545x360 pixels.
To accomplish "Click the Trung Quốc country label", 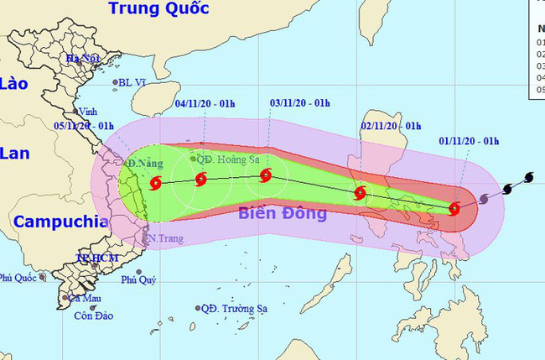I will [x=158, y=10].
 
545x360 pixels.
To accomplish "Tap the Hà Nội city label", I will [x=84, y=59].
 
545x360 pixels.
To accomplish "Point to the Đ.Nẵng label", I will [x=145, y=162].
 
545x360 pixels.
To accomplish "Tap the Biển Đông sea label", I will [x=283, y=213].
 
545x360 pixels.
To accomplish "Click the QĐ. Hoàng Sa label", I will [x=226, y=158].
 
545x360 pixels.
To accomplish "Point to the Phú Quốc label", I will [x=18, y=277].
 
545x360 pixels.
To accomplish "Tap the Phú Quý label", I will [x=138, y=279].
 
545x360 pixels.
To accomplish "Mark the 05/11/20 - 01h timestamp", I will [x=83, y=126].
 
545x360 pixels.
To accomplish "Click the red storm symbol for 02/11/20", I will [x=360, y=193].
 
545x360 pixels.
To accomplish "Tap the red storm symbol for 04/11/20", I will [x=200, y=179].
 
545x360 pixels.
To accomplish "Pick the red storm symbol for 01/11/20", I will [x=454, y=208].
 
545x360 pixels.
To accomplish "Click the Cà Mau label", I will [x=85, y=298].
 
